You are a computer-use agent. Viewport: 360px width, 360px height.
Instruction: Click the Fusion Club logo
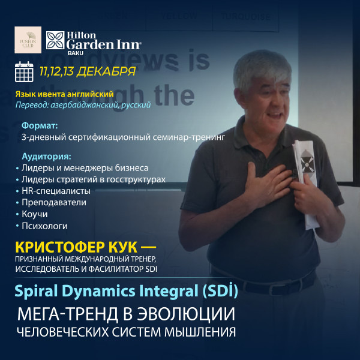[28, 40]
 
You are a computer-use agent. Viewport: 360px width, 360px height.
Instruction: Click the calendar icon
[24, 71]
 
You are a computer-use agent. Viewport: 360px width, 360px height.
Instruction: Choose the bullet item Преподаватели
[53, 202]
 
